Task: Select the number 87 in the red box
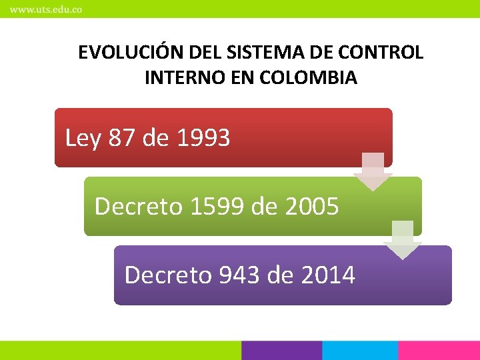click(122, 138)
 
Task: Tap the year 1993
click(204, 138)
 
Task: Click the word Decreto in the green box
click(139, 207)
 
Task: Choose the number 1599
click(217, 207)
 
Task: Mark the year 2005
click(311, 207)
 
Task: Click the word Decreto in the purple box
click(168, 275)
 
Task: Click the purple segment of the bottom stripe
click(281, 351)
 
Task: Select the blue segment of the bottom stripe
click(360, 351)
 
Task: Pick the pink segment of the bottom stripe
click(439, 351)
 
